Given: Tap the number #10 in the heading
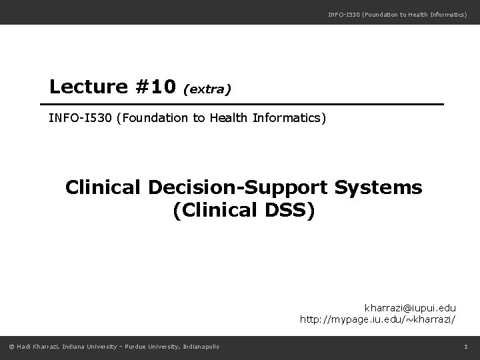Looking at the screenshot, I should [x=154, y=87].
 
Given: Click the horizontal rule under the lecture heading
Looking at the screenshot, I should [x=241, y=105].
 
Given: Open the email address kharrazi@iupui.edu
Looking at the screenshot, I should [x=409, y=308].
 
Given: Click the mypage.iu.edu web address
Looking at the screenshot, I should [x=377, y=320].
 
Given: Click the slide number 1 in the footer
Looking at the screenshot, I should [x=466, y=345].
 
